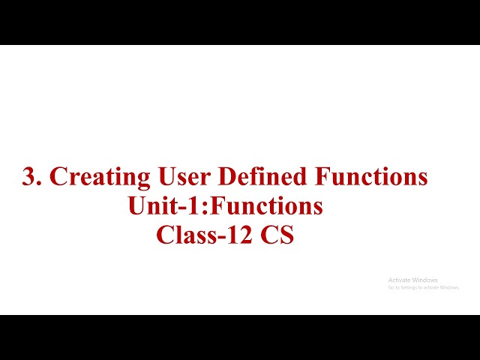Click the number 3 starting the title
(x=30, y=177)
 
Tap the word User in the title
(x=185, y=177)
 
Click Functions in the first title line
(x=372, y=177)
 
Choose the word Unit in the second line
(x=148, y=205)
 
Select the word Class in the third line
(x=183, y=234)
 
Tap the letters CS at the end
(x=277, y=234)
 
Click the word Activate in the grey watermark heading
(x=400, y=280)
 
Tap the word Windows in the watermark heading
(x=426, y=280)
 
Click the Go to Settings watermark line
(x=423, y=287)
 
